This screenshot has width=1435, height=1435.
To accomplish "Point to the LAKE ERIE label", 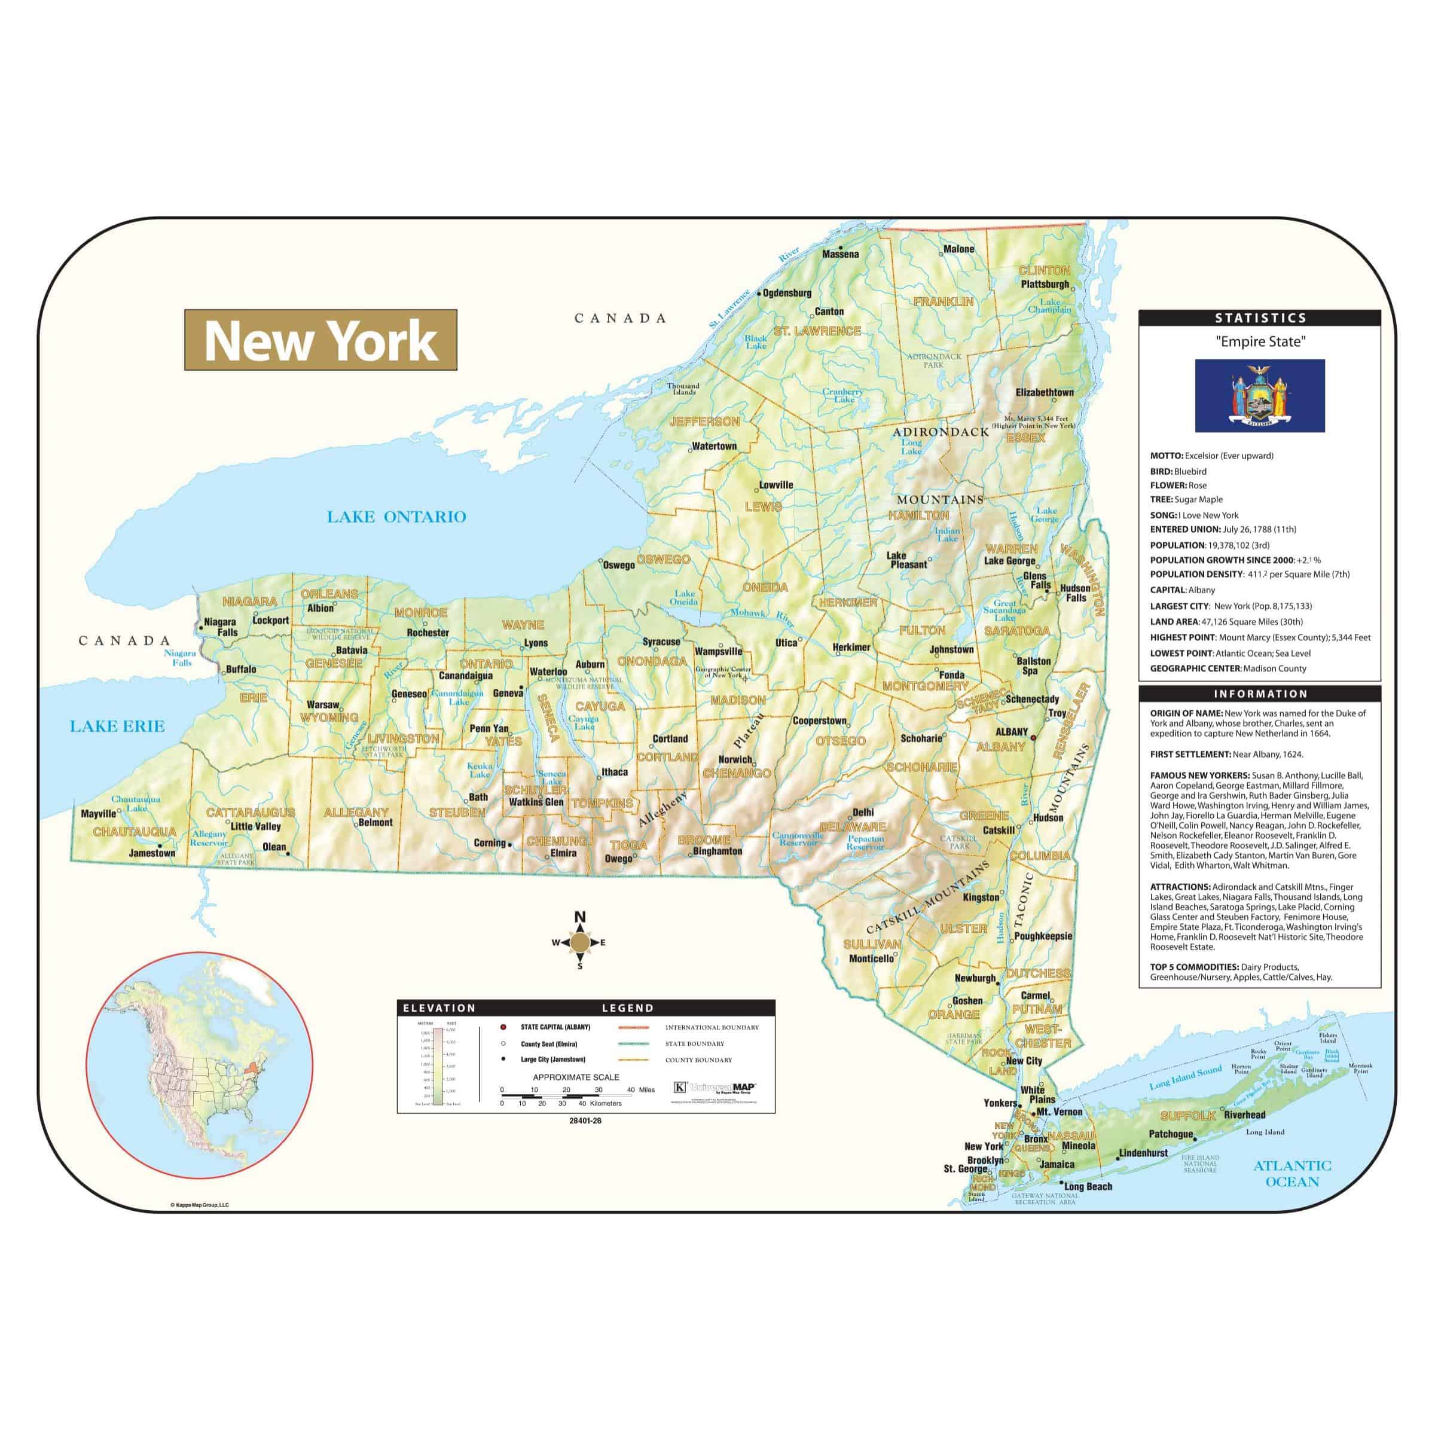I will (117, 726).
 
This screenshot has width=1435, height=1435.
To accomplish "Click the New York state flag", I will (1259, 395).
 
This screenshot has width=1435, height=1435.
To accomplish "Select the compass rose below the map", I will (580, 942).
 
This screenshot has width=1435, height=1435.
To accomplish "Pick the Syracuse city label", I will (661, 642).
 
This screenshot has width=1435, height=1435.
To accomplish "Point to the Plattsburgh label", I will (1045, 285).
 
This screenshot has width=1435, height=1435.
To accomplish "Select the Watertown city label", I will (714, 447).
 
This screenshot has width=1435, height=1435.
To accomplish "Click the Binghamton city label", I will (717, 851).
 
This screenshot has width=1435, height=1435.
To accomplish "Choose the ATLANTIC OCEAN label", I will (1292, 1174).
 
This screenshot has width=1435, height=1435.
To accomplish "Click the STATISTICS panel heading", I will (1260, 318).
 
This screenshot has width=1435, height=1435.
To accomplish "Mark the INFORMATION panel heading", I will (1260, 694).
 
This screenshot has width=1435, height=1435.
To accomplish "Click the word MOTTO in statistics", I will (1166, 456).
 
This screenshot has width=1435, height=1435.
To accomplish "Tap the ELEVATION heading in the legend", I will (439, 1008).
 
